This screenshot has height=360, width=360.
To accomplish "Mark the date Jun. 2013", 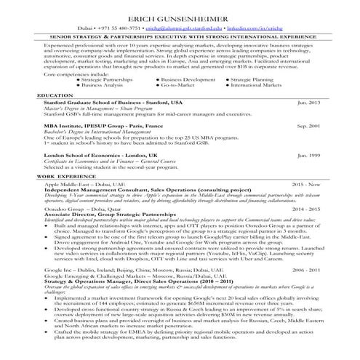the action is [x=310, y=103].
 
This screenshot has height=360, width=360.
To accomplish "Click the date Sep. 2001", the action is [x=310, y=126].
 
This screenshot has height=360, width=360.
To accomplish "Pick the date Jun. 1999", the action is [x=310, y=156].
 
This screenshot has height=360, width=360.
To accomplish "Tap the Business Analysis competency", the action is [x=104, y=85].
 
